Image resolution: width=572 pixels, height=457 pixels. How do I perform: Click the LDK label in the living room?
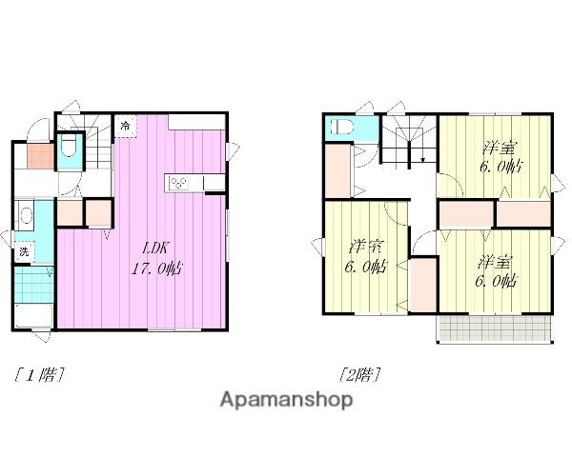154,248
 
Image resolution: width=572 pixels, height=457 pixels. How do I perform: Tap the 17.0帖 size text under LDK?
157,268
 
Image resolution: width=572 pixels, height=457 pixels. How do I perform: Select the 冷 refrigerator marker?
125,126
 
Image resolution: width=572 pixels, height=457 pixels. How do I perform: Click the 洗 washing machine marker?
24,251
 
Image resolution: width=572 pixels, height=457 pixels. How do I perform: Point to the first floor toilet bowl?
69,145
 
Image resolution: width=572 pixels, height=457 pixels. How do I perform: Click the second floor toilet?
342,128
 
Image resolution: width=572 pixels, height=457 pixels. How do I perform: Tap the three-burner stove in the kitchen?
178,182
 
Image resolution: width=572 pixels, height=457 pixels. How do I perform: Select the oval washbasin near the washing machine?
27,215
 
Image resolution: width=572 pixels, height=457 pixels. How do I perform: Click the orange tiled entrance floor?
40,156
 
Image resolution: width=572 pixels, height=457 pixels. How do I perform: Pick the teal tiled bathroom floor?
33,285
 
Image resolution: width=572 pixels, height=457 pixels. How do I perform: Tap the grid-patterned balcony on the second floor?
495,328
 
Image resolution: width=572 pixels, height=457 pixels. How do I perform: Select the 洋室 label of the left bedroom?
365,248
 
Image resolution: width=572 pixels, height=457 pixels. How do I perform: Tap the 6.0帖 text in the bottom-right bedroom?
495,281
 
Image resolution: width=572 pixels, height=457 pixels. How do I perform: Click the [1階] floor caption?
39,374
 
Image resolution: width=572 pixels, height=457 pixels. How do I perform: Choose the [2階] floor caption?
359,374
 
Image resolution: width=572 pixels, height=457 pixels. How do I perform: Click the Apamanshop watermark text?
286,400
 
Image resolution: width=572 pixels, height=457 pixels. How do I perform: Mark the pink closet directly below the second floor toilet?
337,171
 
